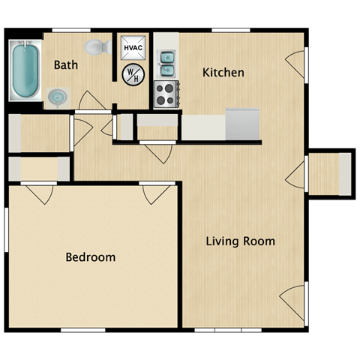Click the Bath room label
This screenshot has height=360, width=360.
click(66, 65)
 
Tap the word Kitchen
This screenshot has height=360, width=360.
click(223, 73)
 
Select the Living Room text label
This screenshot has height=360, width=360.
click(240, 241)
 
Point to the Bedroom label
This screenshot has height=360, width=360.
click(91, 257)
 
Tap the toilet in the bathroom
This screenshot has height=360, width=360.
click(95, 48)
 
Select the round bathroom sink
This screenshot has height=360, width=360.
click(58, 96)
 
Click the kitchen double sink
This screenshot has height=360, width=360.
click(166, 64)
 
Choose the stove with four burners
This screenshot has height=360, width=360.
click(165, 94)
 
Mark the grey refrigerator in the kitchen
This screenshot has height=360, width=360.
click(242, 124)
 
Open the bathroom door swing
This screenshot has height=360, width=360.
click(92, 101)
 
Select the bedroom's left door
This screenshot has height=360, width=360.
click(40, 193)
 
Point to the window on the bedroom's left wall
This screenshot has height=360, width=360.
click(7, 230)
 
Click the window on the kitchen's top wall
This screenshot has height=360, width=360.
click(230, 30)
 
